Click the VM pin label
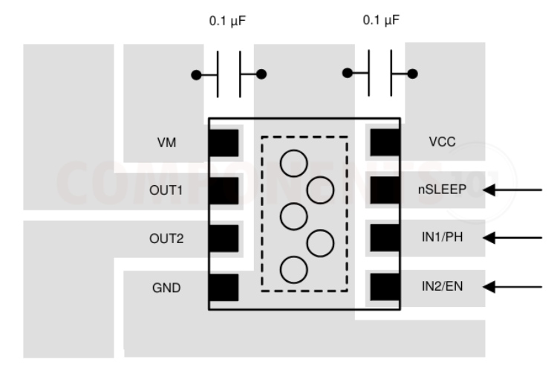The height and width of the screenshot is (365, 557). point(169,143)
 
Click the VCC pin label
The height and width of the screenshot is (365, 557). point(442,142)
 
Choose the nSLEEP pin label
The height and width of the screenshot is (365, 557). point(442,190)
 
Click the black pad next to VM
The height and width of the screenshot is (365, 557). point(224,143)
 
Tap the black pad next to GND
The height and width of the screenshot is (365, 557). point(224,287)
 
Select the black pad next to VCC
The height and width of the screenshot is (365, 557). point(385,143)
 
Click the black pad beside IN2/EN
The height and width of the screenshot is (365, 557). point(385,286)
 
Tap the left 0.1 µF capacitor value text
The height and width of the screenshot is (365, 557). point(229,22)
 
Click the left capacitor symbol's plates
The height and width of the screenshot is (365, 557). point(229,74)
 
